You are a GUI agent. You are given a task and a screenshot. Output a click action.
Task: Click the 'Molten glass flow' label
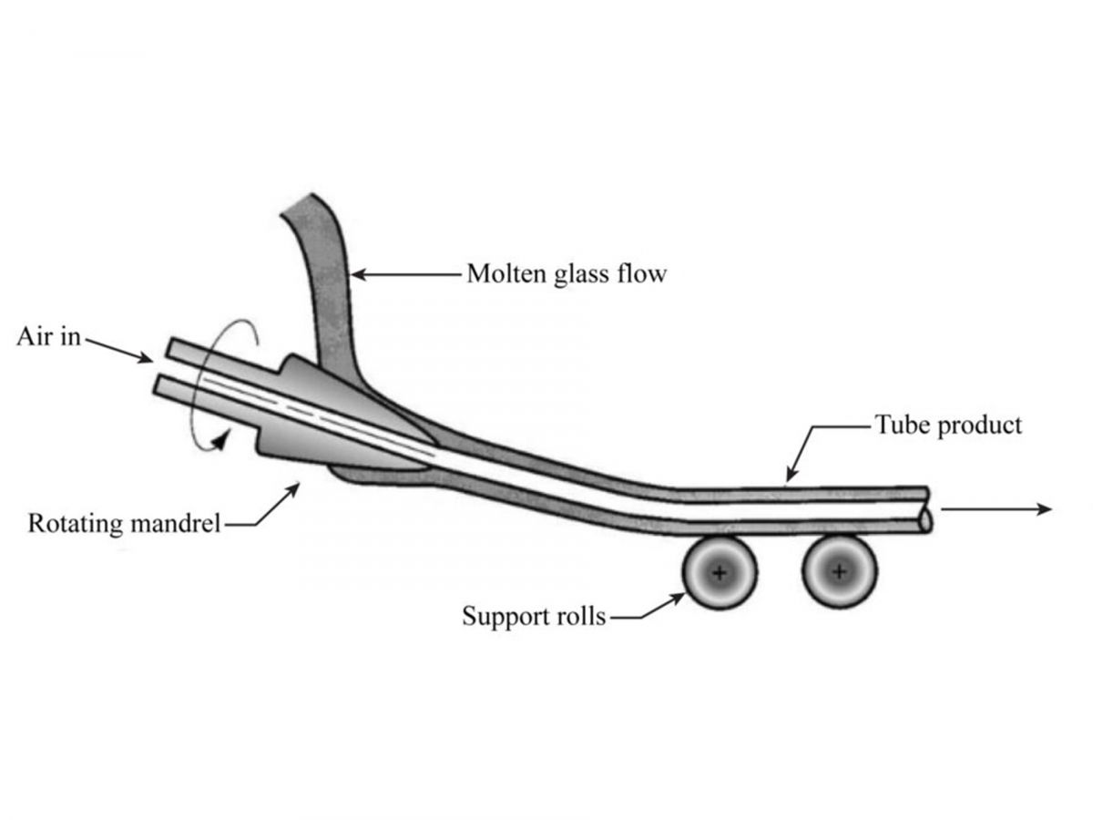point(567,274)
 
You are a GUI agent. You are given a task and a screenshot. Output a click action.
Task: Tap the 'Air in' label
point(48,336)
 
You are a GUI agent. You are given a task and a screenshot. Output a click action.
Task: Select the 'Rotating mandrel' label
point(124,523)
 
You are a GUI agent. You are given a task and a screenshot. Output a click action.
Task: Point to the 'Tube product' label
point(948,425)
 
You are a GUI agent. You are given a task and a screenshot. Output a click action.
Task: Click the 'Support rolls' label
point(534,617)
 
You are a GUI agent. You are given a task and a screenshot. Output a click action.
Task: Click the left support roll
point(719,572)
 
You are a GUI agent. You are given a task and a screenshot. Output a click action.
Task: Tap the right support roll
point(840,571)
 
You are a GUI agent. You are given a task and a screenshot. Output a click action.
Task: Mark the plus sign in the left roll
point(719,573)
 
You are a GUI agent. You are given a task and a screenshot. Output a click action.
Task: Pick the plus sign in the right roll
point(840,571)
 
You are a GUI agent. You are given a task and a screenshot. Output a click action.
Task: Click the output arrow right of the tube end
point(996,508)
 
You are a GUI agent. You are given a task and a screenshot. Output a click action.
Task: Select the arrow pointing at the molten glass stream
point(407,274)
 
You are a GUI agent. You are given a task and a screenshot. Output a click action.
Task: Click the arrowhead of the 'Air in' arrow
point(147,358)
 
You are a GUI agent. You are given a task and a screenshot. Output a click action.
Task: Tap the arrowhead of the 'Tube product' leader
point(791,475)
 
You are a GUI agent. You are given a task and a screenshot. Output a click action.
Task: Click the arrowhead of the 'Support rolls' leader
point(678,598)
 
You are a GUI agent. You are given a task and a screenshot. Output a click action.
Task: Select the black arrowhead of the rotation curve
point(221,440)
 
